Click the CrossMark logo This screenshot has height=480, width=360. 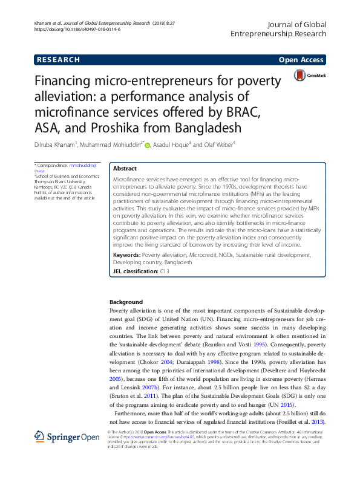[309, 76]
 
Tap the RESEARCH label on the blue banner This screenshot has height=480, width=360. [58, 60]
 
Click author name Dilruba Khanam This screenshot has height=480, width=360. [54, 145]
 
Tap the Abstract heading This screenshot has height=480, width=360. [125, 169]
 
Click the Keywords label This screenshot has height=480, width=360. [127, 256]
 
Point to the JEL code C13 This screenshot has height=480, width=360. [164, 273]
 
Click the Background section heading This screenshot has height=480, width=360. [126, 302]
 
